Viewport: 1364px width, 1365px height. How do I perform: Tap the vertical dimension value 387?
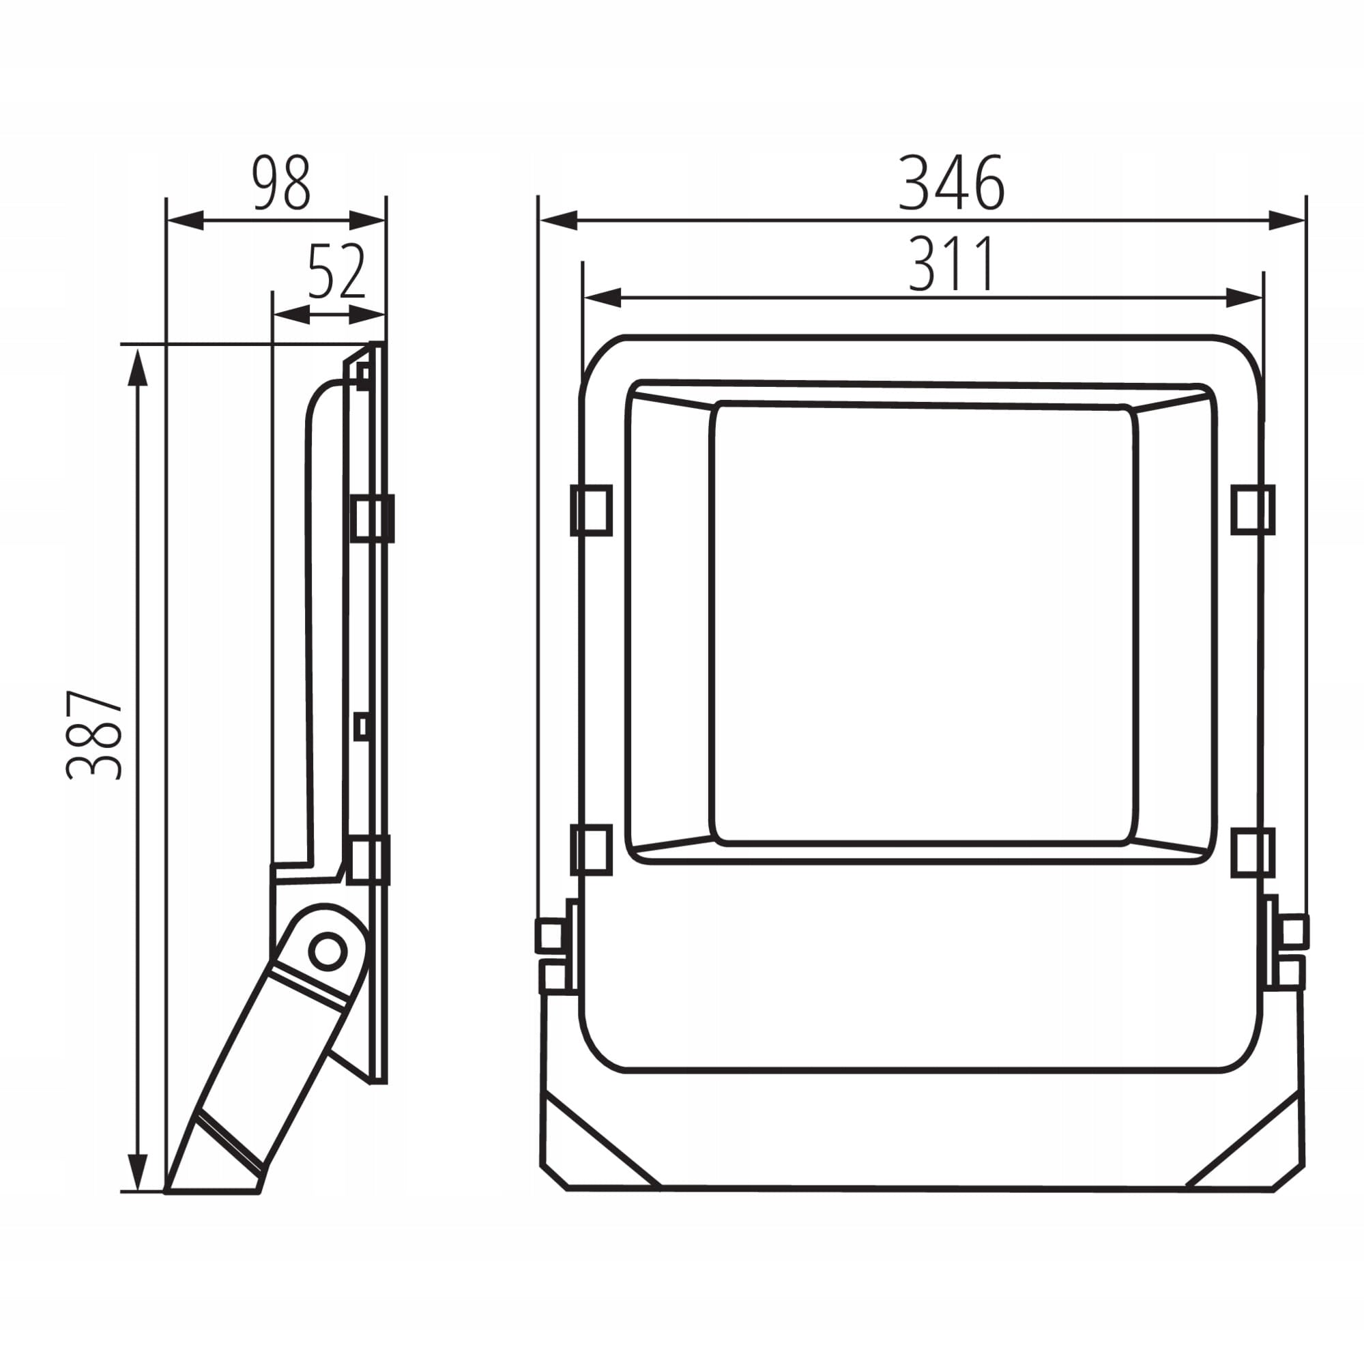click(x=95, y=735)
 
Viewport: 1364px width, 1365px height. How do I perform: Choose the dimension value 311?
click(x=951, y=263)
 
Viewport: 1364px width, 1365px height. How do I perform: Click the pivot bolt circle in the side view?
click(x=327, y=951)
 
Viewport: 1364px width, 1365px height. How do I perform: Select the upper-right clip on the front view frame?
click(x=1252, y=509)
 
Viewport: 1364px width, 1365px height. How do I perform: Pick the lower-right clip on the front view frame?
click(x=1252, y=852)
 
